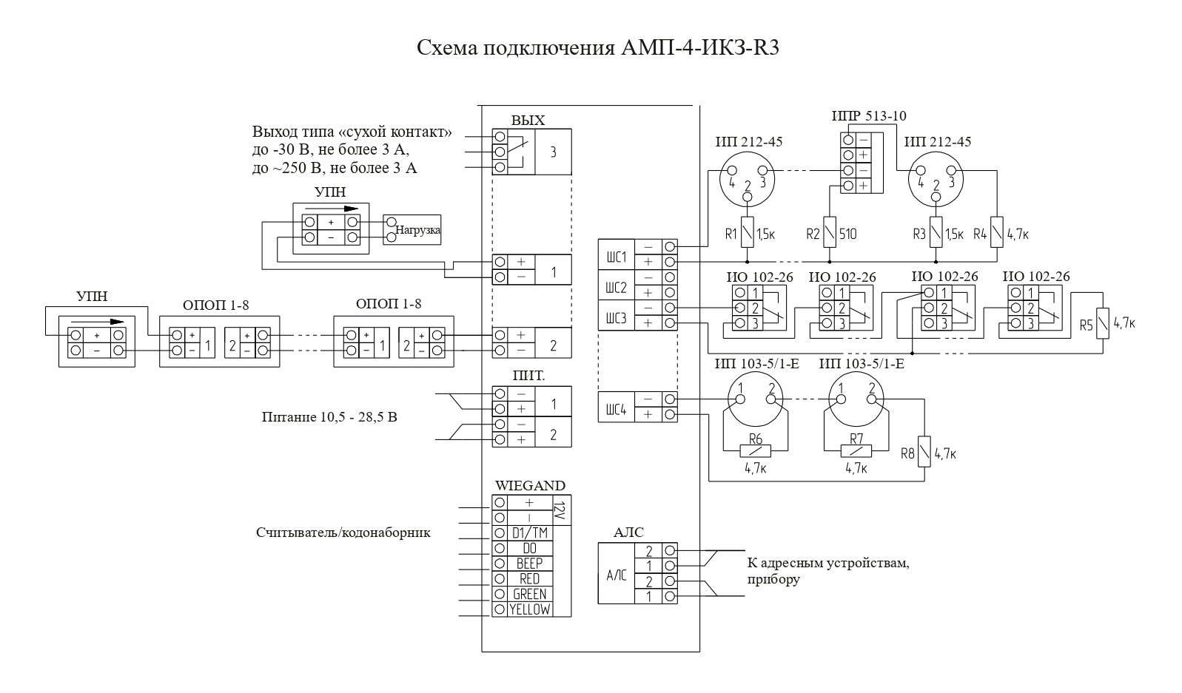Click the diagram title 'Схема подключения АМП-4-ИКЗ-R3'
click(x=598, y=47)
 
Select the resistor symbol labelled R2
click(x=830, y=232)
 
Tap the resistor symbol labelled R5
click(x=1102, y=323)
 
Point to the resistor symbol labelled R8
click(x=924, y=451)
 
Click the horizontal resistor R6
click(x=755, y=451)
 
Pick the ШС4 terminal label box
click(x=617, y=408)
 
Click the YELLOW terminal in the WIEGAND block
click(x=529, y=609)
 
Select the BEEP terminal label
click(x=529, y=564)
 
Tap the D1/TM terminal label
click(x=529, y=533)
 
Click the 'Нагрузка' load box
click(x=412, y=229)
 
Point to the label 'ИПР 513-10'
click(x=869, y=116)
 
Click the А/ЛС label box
click(x=617, y=573)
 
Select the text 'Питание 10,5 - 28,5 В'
click(x=329, y=417)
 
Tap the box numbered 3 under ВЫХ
click(x=553, y=152)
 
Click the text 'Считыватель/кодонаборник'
click(x=343, y=533)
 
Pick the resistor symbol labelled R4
click(x=997, y=232)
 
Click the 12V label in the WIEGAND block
click(x=561, y=510)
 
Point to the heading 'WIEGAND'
click(x=530, y=485)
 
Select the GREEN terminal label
click(x=529, y=595)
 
